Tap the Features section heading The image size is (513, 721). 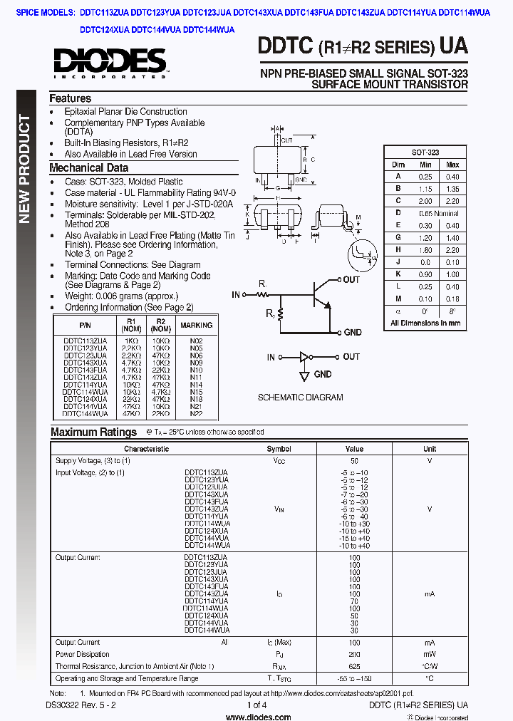(x=70, y=99)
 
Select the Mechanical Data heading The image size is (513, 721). (x=88, y=168)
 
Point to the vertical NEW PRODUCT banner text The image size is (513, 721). (x=25, y=168)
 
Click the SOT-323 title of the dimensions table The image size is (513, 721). (x=425, y=152)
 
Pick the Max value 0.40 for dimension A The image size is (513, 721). (x=452, y=177)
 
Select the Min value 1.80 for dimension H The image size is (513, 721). (x=425, y=250)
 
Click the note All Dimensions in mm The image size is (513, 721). (x=425, y=323)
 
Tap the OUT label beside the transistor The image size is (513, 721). (x=351, y=280)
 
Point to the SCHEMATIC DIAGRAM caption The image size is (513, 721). (x=300, y=397)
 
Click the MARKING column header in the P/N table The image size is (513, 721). (x=196, y=326)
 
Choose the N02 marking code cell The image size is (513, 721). (x=196, y=341)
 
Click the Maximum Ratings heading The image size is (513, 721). (x=93, y=432)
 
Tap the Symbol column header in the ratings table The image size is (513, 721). (x=279, y=449)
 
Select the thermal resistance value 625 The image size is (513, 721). (x=354, y=666)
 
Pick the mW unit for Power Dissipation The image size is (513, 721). (x=430, y=654)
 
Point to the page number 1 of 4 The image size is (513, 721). (x=256, y=705)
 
